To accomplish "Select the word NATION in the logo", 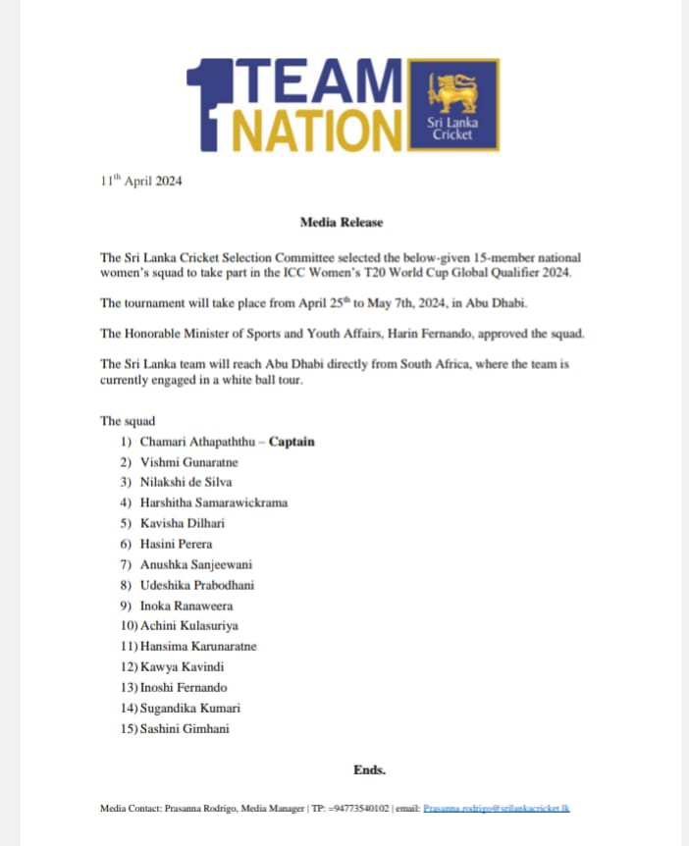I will coord(313,130).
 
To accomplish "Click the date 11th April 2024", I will coord(141,182).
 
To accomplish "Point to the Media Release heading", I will coord(342,223).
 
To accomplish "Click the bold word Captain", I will coord(291,442).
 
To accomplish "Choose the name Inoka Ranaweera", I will coord(186,605).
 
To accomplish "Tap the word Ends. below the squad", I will coord(369,769).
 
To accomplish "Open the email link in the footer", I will coord(497,809).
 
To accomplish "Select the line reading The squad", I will coord(128,421).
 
